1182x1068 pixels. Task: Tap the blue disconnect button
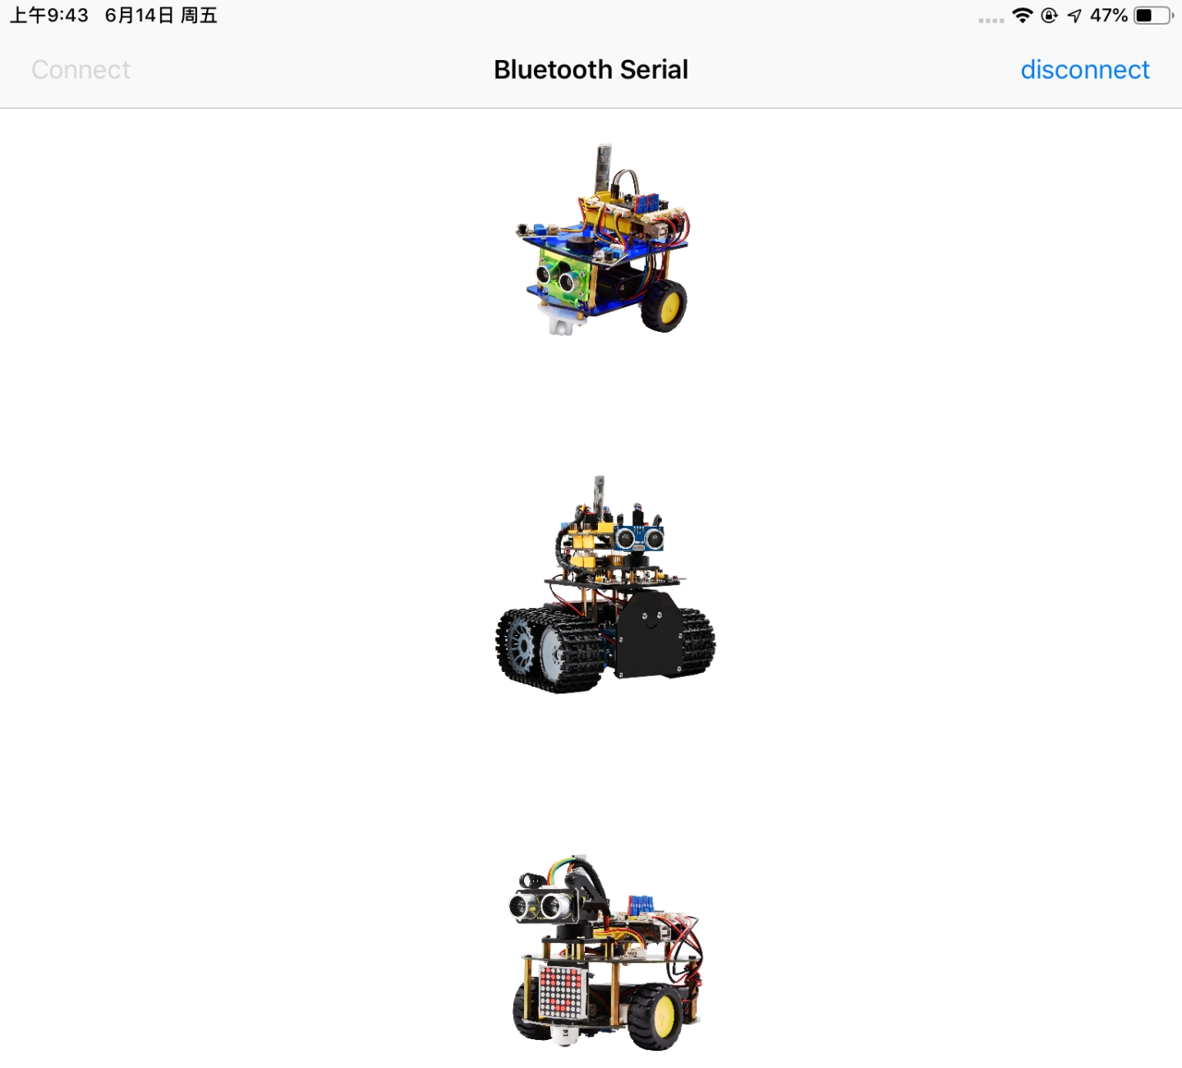pyautogui.click(x=1085, y=70)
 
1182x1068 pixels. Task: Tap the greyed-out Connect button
pyautogui.click(x=80, y=70)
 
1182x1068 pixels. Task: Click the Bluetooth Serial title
pyautogui.click(x=591, y=70)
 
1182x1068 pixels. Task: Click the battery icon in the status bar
pyautogui.click(x=1154, y=16)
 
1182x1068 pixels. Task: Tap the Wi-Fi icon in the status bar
pyautogui.click(x=1023, y=15)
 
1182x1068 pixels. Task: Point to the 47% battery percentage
pyautogui.click(x=1108, y=16)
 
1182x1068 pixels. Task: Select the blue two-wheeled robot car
pyautogui.click(x=603, y=239)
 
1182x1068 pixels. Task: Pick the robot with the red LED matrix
pyautogui.click(x=605, y=952)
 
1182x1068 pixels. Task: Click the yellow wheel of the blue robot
pyautogui.click(x=665, y=306)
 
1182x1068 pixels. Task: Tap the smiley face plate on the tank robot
pyautogui.click(x=650, y=634)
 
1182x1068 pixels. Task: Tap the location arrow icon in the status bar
pyautogui.click(x=1074, y=16)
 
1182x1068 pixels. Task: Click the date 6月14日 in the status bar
pyautogui.click(x=139, y=16)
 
